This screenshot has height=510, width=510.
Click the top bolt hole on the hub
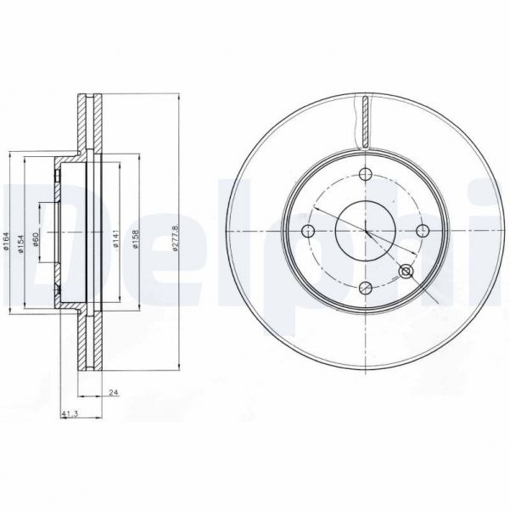367,175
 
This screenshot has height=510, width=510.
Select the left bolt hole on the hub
307,230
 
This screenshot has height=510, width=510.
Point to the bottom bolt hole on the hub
365,288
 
